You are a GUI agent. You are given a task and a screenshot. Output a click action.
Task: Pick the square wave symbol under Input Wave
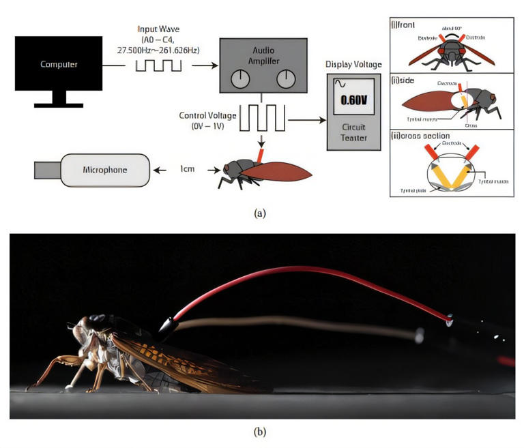pyautogui.click(x=158, y=65)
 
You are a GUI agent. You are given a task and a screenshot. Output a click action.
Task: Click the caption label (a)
pyautogui.click(x=260, y=213)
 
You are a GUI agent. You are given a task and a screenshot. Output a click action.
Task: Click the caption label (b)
pyautogui.click(x=260, y=431)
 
